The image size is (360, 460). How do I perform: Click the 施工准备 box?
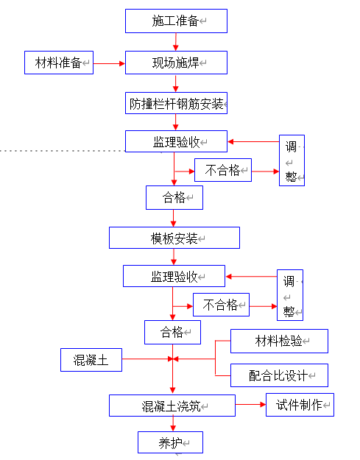click(176, 21)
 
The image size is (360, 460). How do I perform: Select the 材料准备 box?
click(59, 63)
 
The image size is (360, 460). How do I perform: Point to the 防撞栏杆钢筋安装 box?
click(175, 103)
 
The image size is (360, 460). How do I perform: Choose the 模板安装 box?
click(174, 238)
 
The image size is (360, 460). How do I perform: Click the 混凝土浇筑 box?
click(172, 406)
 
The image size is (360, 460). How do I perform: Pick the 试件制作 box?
click(300, 405)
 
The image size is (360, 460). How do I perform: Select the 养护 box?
click(170, 442)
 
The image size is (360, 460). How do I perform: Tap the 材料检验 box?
click(279, 341)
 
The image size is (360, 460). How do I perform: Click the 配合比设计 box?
click(279, 375)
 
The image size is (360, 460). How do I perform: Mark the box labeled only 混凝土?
click(91, 360)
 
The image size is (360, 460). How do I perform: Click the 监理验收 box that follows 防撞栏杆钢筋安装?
click(175, 141)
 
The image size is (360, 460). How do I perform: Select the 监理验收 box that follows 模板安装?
click(174, 276)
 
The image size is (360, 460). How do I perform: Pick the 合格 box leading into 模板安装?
click(174, 197)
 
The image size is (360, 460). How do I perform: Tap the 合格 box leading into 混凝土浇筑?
click(172, 332)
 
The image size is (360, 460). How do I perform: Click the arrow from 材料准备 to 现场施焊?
click(109, 63)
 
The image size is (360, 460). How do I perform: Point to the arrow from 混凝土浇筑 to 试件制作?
click(250, 405)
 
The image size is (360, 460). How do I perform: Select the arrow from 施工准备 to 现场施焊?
click(175, 42)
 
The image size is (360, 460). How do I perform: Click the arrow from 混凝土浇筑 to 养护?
click(173, 424)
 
